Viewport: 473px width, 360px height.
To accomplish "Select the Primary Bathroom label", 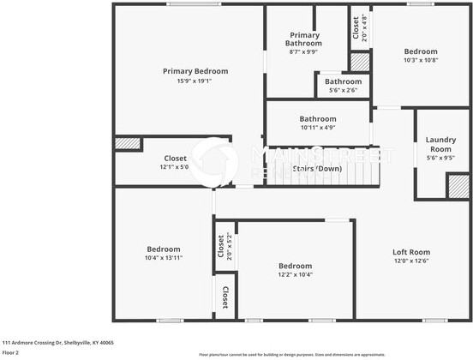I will [303, 39].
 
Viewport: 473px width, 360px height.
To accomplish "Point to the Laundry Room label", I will [440, 144].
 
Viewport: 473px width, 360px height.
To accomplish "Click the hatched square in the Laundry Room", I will [458, 186].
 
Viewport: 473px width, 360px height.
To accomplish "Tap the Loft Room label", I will [410, 252].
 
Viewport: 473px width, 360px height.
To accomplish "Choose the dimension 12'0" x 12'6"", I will [410, 261].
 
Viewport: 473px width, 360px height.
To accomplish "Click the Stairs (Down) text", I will [318, 169].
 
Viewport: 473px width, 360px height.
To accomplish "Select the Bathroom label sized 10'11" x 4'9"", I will [317, 119].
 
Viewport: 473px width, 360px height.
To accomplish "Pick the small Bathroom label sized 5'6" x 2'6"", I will [342, 81].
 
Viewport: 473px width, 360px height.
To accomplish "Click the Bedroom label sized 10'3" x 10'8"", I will [420, 51].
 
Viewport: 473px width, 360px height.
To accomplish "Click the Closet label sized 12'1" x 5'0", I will [175, 159].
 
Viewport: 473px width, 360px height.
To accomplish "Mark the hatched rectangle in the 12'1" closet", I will [128, 144].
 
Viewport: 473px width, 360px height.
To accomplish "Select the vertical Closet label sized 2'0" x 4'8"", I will [356, 28].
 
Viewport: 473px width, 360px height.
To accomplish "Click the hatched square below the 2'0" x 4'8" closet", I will [360, 62].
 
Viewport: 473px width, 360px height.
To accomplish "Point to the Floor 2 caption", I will [11, 352].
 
